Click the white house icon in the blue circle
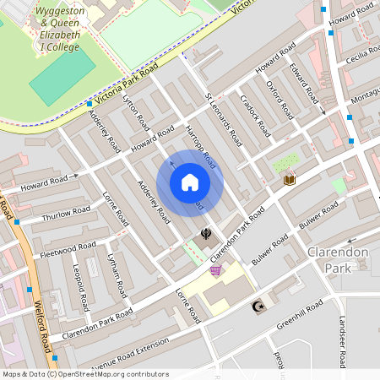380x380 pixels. (x=190, y=182)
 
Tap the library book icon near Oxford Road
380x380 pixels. (x=289, y=179)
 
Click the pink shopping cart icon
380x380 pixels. (x=215, y=270)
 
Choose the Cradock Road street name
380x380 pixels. (x=254, y=118)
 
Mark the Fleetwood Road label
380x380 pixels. (x=68, y=251)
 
